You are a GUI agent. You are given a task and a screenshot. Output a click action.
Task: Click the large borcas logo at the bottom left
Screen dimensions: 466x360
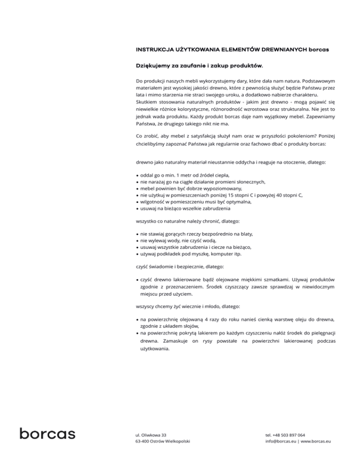click(47, 433)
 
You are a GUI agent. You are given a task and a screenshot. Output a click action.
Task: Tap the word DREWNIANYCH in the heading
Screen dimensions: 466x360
click(272, 49)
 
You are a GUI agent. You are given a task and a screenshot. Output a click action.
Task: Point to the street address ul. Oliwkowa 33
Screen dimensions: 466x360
click(151, 435)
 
